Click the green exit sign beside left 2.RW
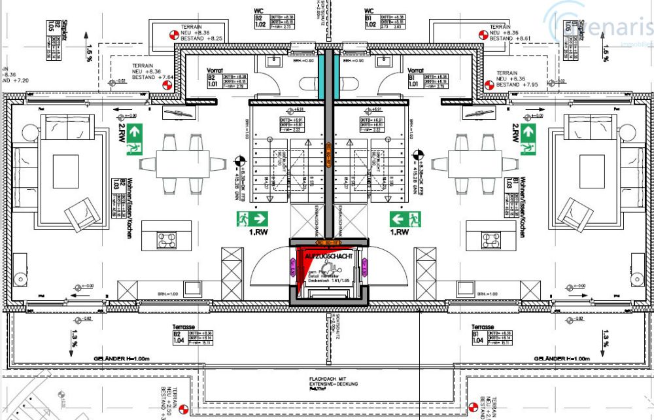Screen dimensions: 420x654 coord(135,139)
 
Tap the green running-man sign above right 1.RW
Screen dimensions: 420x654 coord(405,219)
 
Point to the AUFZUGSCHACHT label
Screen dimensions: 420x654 coord(329,258)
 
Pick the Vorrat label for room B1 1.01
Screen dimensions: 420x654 coord(416,70)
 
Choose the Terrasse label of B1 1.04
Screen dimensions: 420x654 coord(483,326)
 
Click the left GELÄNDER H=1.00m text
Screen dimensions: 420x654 coord(121,359)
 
